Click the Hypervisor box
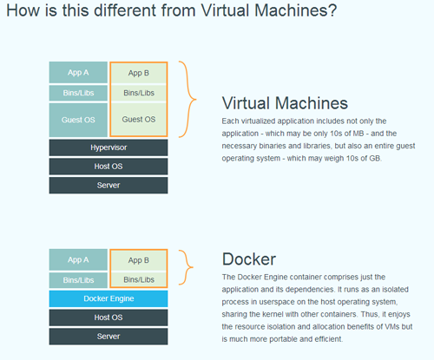coord(108,147)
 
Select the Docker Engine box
coord(108,298)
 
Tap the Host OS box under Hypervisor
coord(108,167)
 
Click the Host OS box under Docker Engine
coord(108,317)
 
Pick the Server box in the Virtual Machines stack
coord(108,185)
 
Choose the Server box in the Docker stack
coord(108,337)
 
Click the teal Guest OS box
coord(78,120)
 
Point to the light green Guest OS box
coord(139,119)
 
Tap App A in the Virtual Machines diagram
coord(78,73)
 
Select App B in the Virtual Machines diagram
coord(139,73)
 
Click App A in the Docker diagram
coord(78,259)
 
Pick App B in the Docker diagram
coord(139,260)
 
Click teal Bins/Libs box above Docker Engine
coord(78,280)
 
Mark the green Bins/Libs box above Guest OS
coord(139,93)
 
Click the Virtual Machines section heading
coord(285,103)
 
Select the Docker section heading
coord(249,259)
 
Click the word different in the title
coord(125,10)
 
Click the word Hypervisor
coord(108,147)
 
